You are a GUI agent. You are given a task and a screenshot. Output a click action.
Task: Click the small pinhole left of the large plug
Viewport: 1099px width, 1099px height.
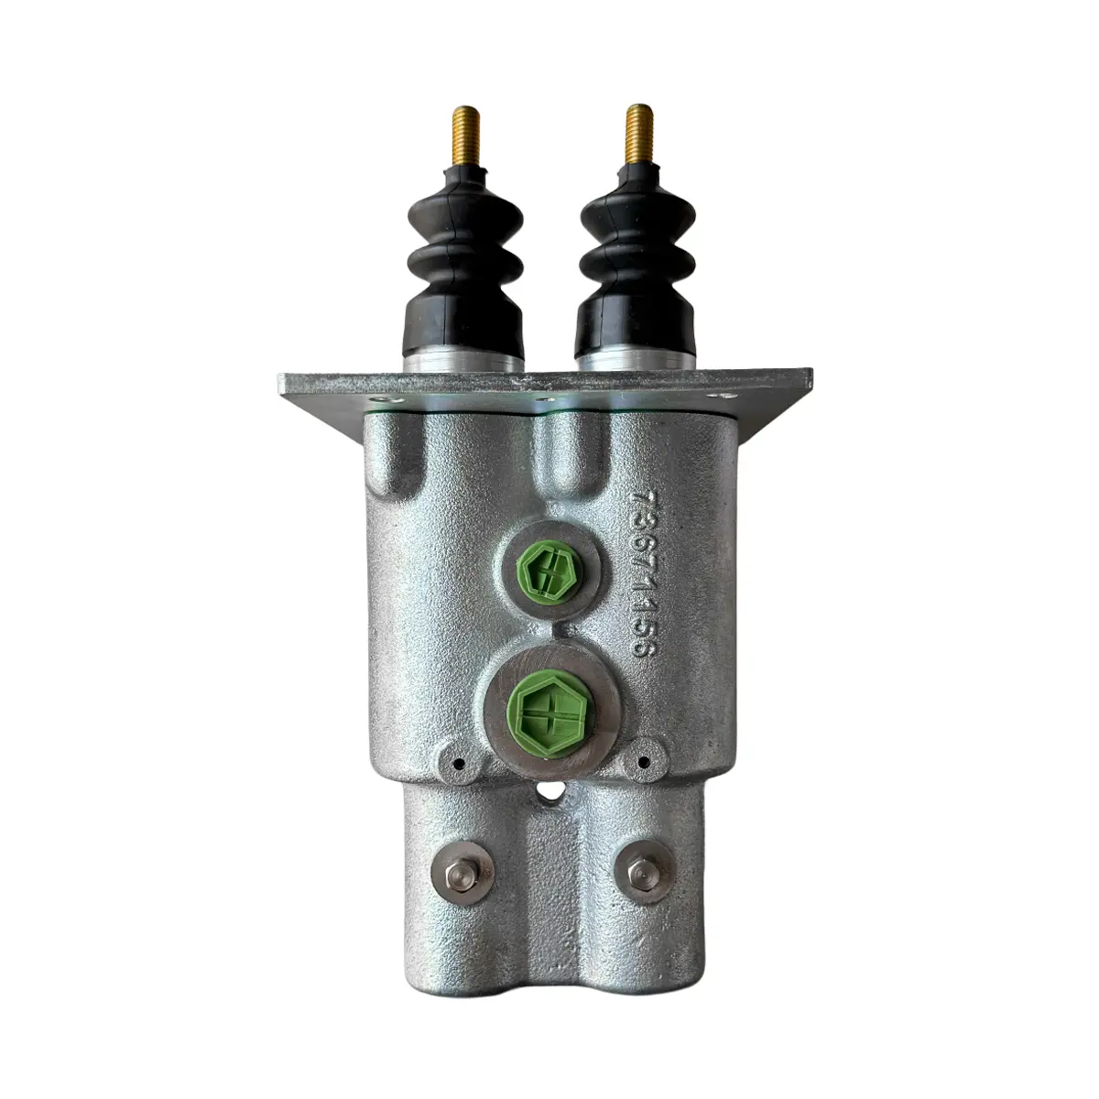pyautogui.click(x=457, y=761)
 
